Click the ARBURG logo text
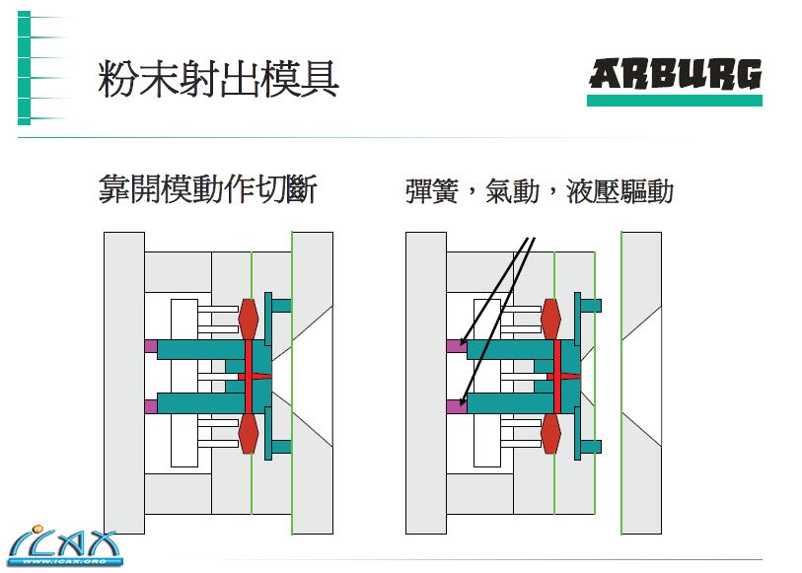pyautogui.click(x=675, y=75)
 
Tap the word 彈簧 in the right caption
pyautogui.click(x=431, y=190)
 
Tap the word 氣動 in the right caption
pyautogui.click(x=512, y=190)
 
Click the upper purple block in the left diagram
pyautogui.click(x=150, y=345)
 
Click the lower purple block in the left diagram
pyautogui.click(x=150, y=405)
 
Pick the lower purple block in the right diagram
pyautogui.click(x=455, y=405)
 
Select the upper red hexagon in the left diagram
pyautogui.click(x=249, y=318)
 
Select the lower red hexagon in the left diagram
pyautogui.click(x=249, y=433)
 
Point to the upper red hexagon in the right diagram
pyautogui.click(x=551, y=318)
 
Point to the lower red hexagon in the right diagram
pyautogui.click(x=551, y=433)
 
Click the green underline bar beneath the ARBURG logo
pyautogui.click(x=675, y=101)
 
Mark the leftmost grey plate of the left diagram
pyautogui.click(x=124, y=383)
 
